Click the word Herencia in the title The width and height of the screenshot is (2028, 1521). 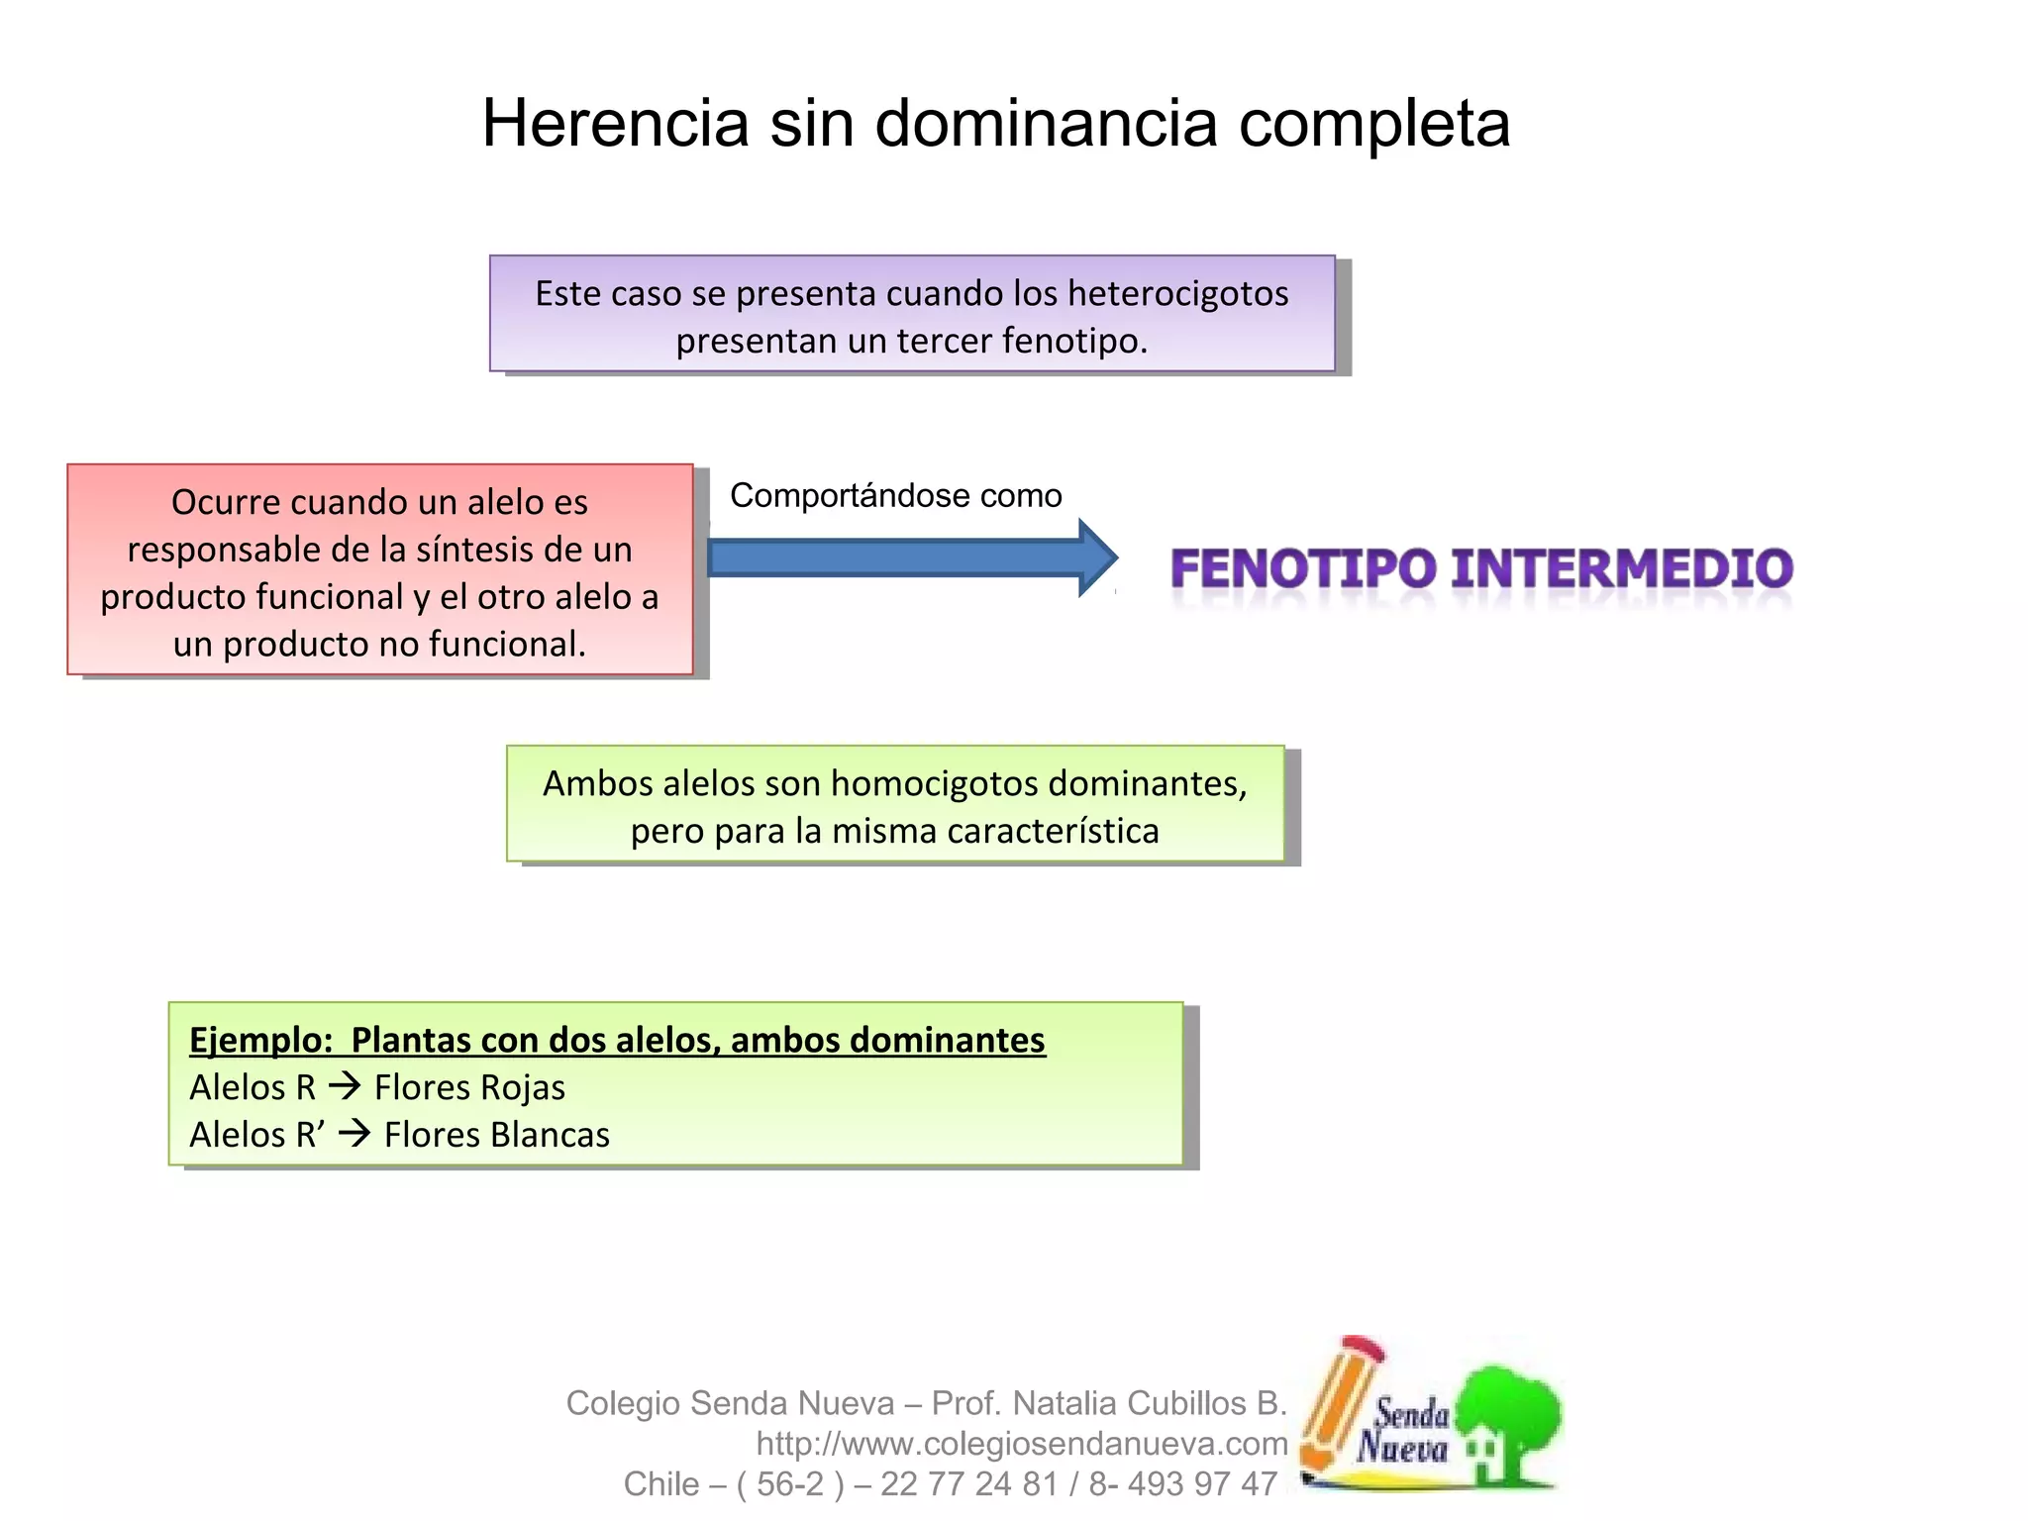click(x=615, y=124)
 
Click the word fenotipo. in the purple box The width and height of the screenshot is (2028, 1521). click(x=1074, y=342)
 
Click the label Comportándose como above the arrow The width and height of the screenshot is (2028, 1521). click(x=895, y=495)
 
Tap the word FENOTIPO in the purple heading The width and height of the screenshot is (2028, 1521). click(x=1302, y=569)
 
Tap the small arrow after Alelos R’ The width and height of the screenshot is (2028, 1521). click(x=354, y=1133)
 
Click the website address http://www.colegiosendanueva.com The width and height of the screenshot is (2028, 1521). click(x=1021, y=1444)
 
